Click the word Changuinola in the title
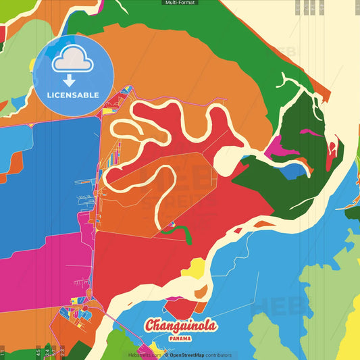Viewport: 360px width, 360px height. click(x=180, y=326)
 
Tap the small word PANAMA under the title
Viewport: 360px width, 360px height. click(x=181, y=338)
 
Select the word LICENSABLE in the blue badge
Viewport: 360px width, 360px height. click(x=73, y=95)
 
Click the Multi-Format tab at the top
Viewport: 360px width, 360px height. click(x=180, y=3)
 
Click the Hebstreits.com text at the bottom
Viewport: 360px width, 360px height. click(x=145, y=355)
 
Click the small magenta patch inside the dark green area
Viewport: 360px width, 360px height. click(x=310, y=133)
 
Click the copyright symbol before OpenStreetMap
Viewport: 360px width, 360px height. click(x=166, y=355)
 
